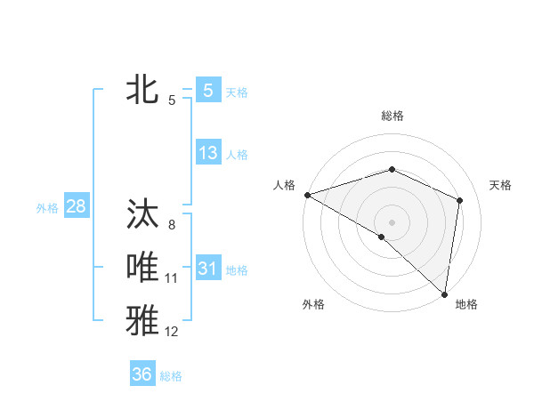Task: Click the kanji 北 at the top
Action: [142, 90]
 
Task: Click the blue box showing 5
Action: [207, 90]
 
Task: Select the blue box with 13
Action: [207, 152]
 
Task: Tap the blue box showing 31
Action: [207, 268]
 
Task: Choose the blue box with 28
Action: [77, 207]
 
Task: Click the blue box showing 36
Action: [142, 374]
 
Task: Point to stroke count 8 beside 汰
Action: [171, 225]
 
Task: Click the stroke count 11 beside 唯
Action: [171, 278]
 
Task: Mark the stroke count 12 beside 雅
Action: [171, 332]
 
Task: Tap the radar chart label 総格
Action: [392, 116]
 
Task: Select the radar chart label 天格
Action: [501, 185]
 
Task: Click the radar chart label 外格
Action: [313, 304]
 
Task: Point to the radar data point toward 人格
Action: [307, 195]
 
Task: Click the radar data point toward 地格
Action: [444, 293]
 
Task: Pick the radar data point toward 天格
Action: [460, 200]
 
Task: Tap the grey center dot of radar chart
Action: [392, 221]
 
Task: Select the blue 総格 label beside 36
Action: [171, 376]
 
